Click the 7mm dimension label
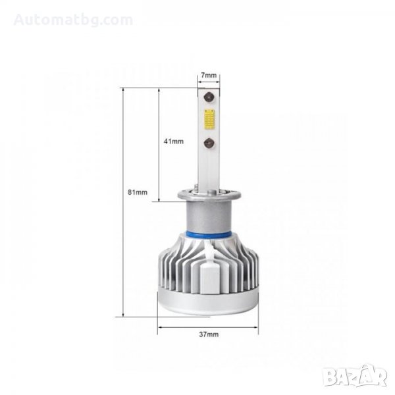pos(209,75)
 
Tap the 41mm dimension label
pos(174,142)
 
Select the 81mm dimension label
pos(138,192)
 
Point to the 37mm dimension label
pos(209,334)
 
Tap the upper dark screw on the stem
pos(209,97)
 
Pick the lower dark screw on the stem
pos(209,143)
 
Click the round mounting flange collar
pos(209,196)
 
